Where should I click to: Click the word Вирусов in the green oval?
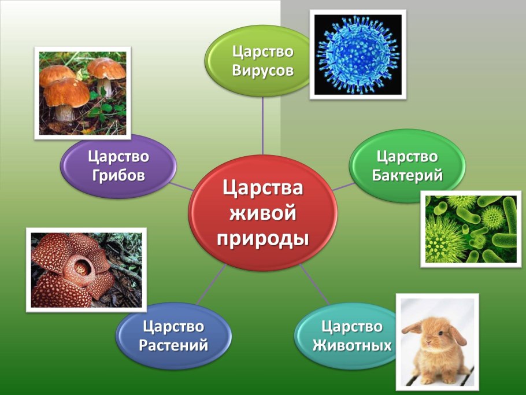coord(263,71)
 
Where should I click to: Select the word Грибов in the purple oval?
coord(118,175)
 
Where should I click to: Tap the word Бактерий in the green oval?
coord(408,175)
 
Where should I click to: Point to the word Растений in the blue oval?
coord(173,346)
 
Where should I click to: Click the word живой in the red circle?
coord(263,213)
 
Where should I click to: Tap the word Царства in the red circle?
coord(263,188)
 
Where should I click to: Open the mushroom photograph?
coord(82,93)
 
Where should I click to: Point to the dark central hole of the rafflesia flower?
coord(79,267)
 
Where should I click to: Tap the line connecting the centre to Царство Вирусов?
coord(263,124)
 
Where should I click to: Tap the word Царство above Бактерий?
coord(408,156)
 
